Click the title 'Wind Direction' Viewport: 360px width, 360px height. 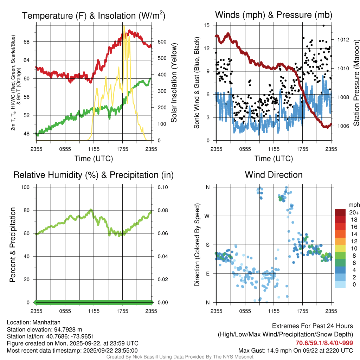[x=274, y=175]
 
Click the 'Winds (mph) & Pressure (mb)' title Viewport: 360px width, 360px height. [x=274, y=15]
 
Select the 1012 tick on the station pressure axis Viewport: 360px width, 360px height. [x=343, y=39]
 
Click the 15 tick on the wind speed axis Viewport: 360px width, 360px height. [x=207, y=25]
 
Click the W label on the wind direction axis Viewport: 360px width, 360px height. [x=207, y=216]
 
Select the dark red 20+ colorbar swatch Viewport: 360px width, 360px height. [x=340, y=212]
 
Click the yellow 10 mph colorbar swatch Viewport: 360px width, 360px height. [x=340, y=248]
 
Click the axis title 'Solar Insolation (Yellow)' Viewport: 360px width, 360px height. [x=174, y=83]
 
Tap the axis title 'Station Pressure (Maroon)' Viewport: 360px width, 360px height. [x=356, y=83]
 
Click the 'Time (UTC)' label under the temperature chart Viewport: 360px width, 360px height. [x=94, y=159]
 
